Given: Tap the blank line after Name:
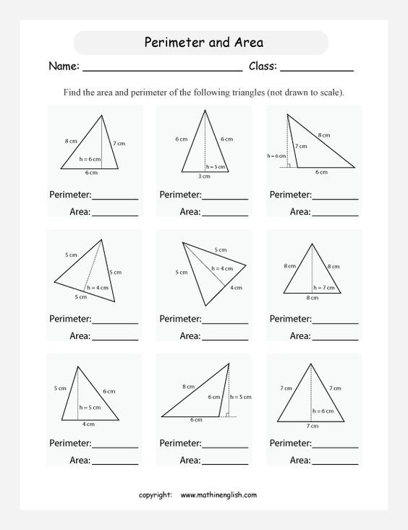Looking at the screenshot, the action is pyautogui.click(x=162, y=69).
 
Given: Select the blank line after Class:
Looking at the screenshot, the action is pyautogui.click(x=316, y=69).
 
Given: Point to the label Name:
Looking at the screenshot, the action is pyautogui.click(x=64, y=67).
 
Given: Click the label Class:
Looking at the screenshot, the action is pyautogui.click(x=263, y=67).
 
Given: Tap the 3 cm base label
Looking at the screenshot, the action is pyautogui.click(x=205, y=176).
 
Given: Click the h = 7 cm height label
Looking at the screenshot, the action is pyautogui.click(x=323, y=288).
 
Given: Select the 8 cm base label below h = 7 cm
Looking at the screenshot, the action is pyautogui.click(x=312, y=297).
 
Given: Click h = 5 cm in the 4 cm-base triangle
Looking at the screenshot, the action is pyautogui.click(x=90, y=407).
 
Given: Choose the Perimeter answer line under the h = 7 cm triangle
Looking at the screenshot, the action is pyautogui.click(x=335, y=322).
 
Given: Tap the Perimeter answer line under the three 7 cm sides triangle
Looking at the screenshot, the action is pyautogui.click(x=335, y=447).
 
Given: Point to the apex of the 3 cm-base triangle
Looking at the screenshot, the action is pyautogui.click(x=205, y=110).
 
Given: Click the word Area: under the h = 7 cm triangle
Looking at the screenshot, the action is pyautogui.click(x=300, y=335).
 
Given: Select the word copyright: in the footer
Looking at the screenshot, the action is pyautogui.click(x=156, y=495).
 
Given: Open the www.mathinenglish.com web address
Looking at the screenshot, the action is pyautogui.click(x=218, y=495).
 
